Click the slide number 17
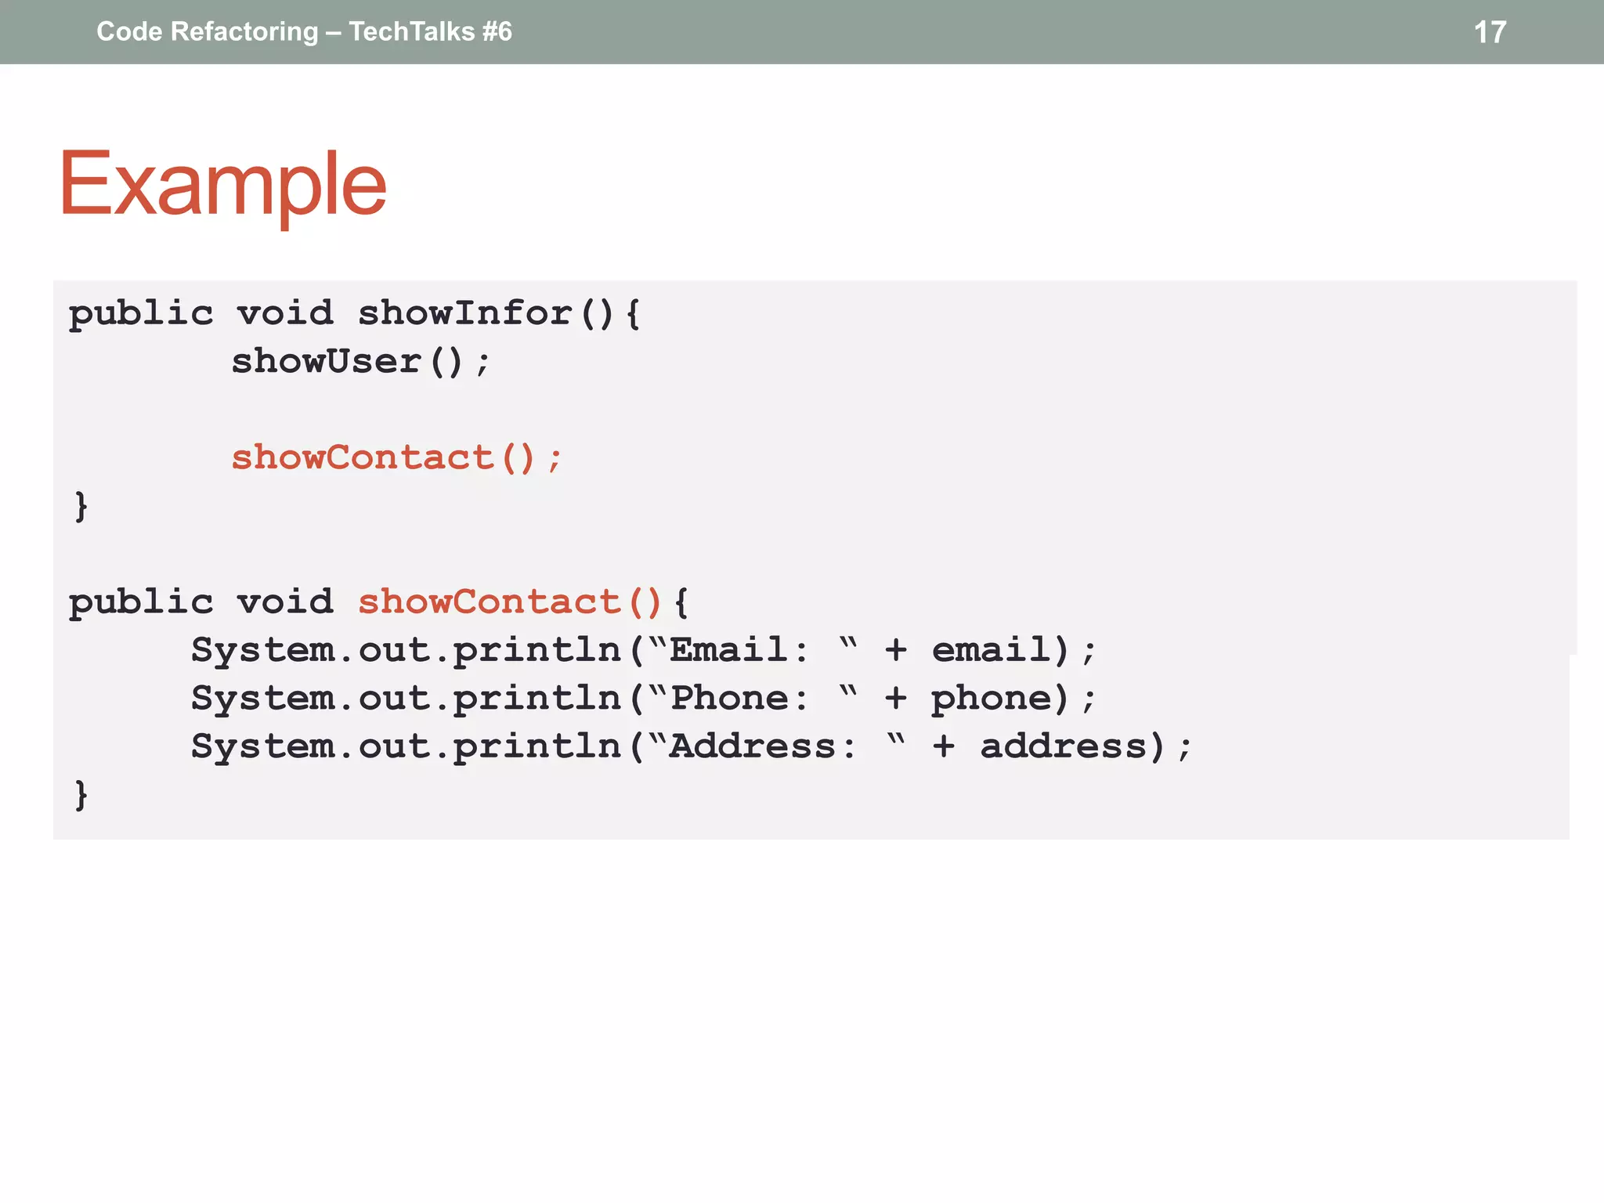pos(1490,32)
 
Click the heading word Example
pos(223,185)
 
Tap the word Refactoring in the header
pos(244,31)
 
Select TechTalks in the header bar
pos(412,31)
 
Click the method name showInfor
pos(465,313)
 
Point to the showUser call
pos(327,361)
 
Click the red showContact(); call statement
pos(396,457)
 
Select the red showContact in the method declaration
pos(490,601)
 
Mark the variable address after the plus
pos(1064,746)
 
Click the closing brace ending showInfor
pos(81,506)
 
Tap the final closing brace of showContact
pos(81,795)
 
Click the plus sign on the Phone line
pos(896,698)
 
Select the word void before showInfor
pos(285,313)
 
